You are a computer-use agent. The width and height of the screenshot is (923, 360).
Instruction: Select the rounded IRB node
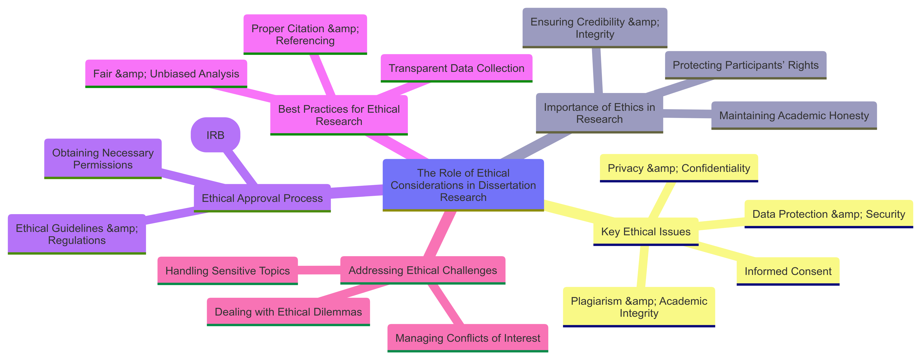click(x=215, y=135)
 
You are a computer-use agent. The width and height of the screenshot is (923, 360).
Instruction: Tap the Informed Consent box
click(x=788, y=271)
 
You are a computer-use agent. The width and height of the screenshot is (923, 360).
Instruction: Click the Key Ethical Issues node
click(x=646, y=231)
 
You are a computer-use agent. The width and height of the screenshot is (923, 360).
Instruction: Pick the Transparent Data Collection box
click(x=456, y=68)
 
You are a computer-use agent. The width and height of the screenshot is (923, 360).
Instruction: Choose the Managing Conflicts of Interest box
click(x=468, y=338)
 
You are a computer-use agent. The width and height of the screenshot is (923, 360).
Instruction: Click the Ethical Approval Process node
click(x=262, y=198)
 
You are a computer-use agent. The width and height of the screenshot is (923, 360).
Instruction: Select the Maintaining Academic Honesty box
click(x=794, y=115)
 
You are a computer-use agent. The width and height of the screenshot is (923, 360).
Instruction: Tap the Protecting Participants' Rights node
click(x=745, y=65)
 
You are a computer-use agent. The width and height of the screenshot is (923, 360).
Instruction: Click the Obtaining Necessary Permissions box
click(x=103, y=159)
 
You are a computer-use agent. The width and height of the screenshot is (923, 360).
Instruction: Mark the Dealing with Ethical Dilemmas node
click(x=288, y=312)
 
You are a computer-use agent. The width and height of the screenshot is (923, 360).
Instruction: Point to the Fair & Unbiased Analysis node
click(x=166, y=74)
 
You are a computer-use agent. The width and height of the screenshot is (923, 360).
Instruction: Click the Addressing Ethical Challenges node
click(x=423, y=270)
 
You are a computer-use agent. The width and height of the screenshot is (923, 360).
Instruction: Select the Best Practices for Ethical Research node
click(x=339, y=115)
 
